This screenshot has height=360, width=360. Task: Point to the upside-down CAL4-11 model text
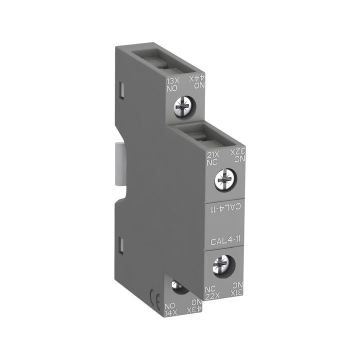point(223,206)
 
